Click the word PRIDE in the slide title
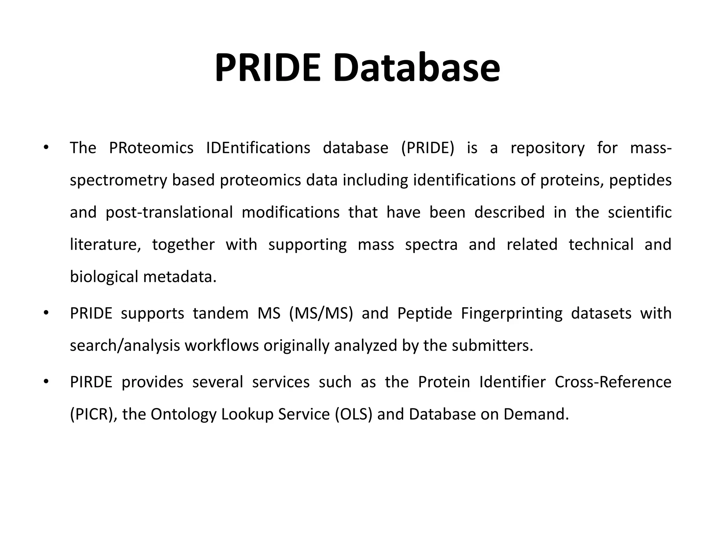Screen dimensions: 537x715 click(267, 68)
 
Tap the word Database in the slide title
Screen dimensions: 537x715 click(417, 68)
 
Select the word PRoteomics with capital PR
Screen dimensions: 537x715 click(151, 148)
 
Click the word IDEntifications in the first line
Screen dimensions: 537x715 click(258, 148)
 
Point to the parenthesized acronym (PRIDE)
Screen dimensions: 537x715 click(428, 148)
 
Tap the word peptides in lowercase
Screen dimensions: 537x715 click(640, 180)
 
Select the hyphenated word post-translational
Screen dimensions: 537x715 click(169, 213)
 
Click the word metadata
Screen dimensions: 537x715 click(180, 277)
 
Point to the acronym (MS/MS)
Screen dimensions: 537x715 click(321, 313)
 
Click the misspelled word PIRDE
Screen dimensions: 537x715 click(91, 382)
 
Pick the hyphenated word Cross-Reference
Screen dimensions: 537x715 click(613, 382)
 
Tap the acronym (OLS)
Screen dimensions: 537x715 click(354, 414)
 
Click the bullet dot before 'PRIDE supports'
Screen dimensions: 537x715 click(46, 313)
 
